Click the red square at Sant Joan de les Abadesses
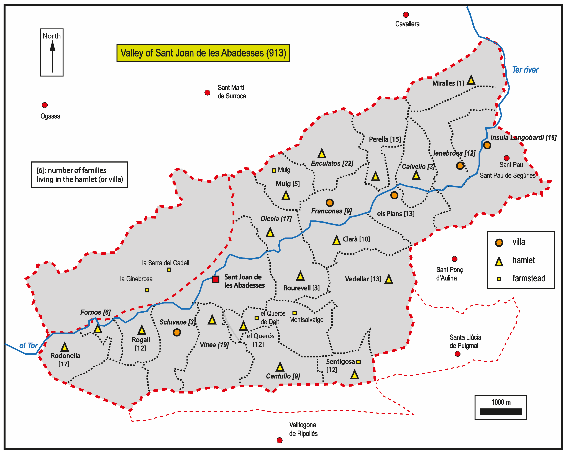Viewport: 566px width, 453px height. pyautogui.click(x=216, y=279)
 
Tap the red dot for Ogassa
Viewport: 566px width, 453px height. pyautogui.click(x=45, y=105)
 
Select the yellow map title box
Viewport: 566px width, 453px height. pyautogui.click(x=203, y=53)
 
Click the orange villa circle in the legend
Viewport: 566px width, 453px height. pyautogui.click(x=499, y=243)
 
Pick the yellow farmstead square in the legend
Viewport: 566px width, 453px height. pyautogui.click(x=499, y=279)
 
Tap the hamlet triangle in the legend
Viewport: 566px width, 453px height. pyautogui.click(x=499, y=262)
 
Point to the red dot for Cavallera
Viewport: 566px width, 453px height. pyautogui.click(x=406, y=15)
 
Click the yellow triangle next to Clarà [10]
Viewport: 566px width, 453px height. pyautogui.click(x=336, y=240)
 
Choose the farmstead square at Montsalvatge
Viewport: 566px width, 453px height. pyautogui.click(x=294, y=313)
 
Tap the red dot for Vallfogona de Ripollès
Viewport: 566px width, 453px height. pyautogui.click(x=280, y=440)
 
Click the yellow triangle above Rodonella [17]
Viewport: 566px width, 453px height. pyautogui.click(x=65, y=347)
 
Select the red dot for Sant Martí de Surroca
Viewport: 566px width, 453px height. pyautogui.click(x=207, y=92)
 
